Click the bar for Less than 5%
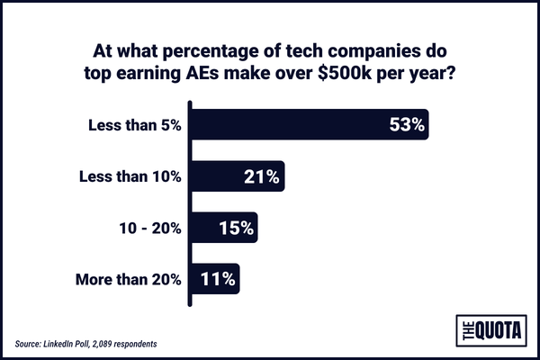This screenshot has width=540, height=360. pos(306,124)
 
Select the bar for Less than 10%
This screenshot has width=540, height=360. pos(236,175)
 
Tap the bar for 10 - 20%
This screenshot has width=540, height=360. pos(222,227)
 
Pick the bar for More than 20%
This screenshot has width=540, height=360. pos(212,278)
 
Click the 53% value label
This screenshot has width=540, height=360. pos(406,125)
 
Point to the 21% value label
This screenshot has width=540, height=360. pos(262,176)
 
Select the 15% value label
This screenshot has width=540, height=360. pos(236,227)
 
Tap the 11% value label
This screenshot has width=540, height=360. pos(218,278)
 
